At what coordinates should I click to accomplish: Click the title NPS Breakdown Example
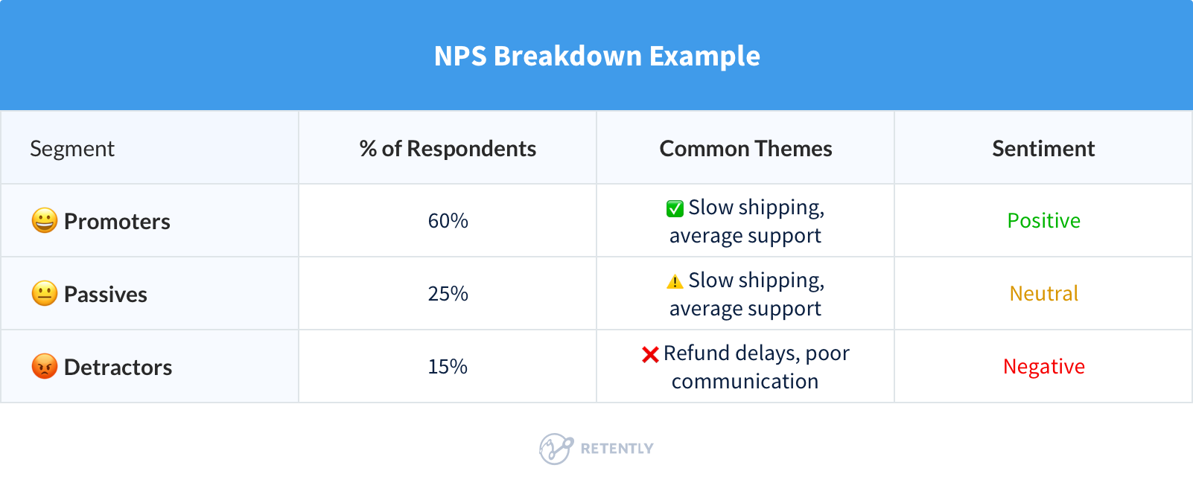(596, 56)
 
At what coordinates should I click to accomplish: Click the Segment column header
(72, 149)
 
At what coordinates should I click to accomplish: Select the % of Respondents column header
(448, 149)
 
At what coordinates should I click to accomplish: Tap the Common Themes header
(745, 149)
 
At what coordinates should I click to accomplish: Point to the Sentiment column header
(1043, 149)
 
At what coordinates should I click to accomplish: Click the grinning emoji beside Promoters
(45, 220)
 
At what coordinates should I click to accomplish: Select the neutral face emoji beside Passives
(45, 293)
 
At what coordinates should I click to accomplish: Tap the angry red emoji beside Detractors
(45, 366)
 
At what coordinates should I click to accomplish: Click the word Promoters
(117, 221)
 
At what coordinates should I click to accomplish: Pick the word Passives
(106, 294)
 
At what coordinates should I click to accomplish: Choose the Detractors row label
(118, 367)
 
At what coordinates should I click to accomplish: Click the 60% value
(448, 220)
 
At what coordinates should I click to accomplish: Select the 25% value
(448, 293)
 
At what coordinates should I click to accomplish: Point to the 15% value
(448, 366)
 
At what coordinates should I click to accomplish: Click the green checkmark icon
(675, 208)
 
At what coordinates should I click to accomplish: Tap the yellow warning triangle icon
(675, 281)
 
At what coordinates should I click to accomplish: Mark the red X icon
(650, 354)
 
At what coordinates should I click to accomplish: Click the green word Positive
(1043, 220)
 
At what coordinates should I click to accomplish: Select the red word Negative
(1043, 366)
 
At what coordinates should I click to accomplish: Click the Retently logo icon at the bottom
(556, 449)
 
